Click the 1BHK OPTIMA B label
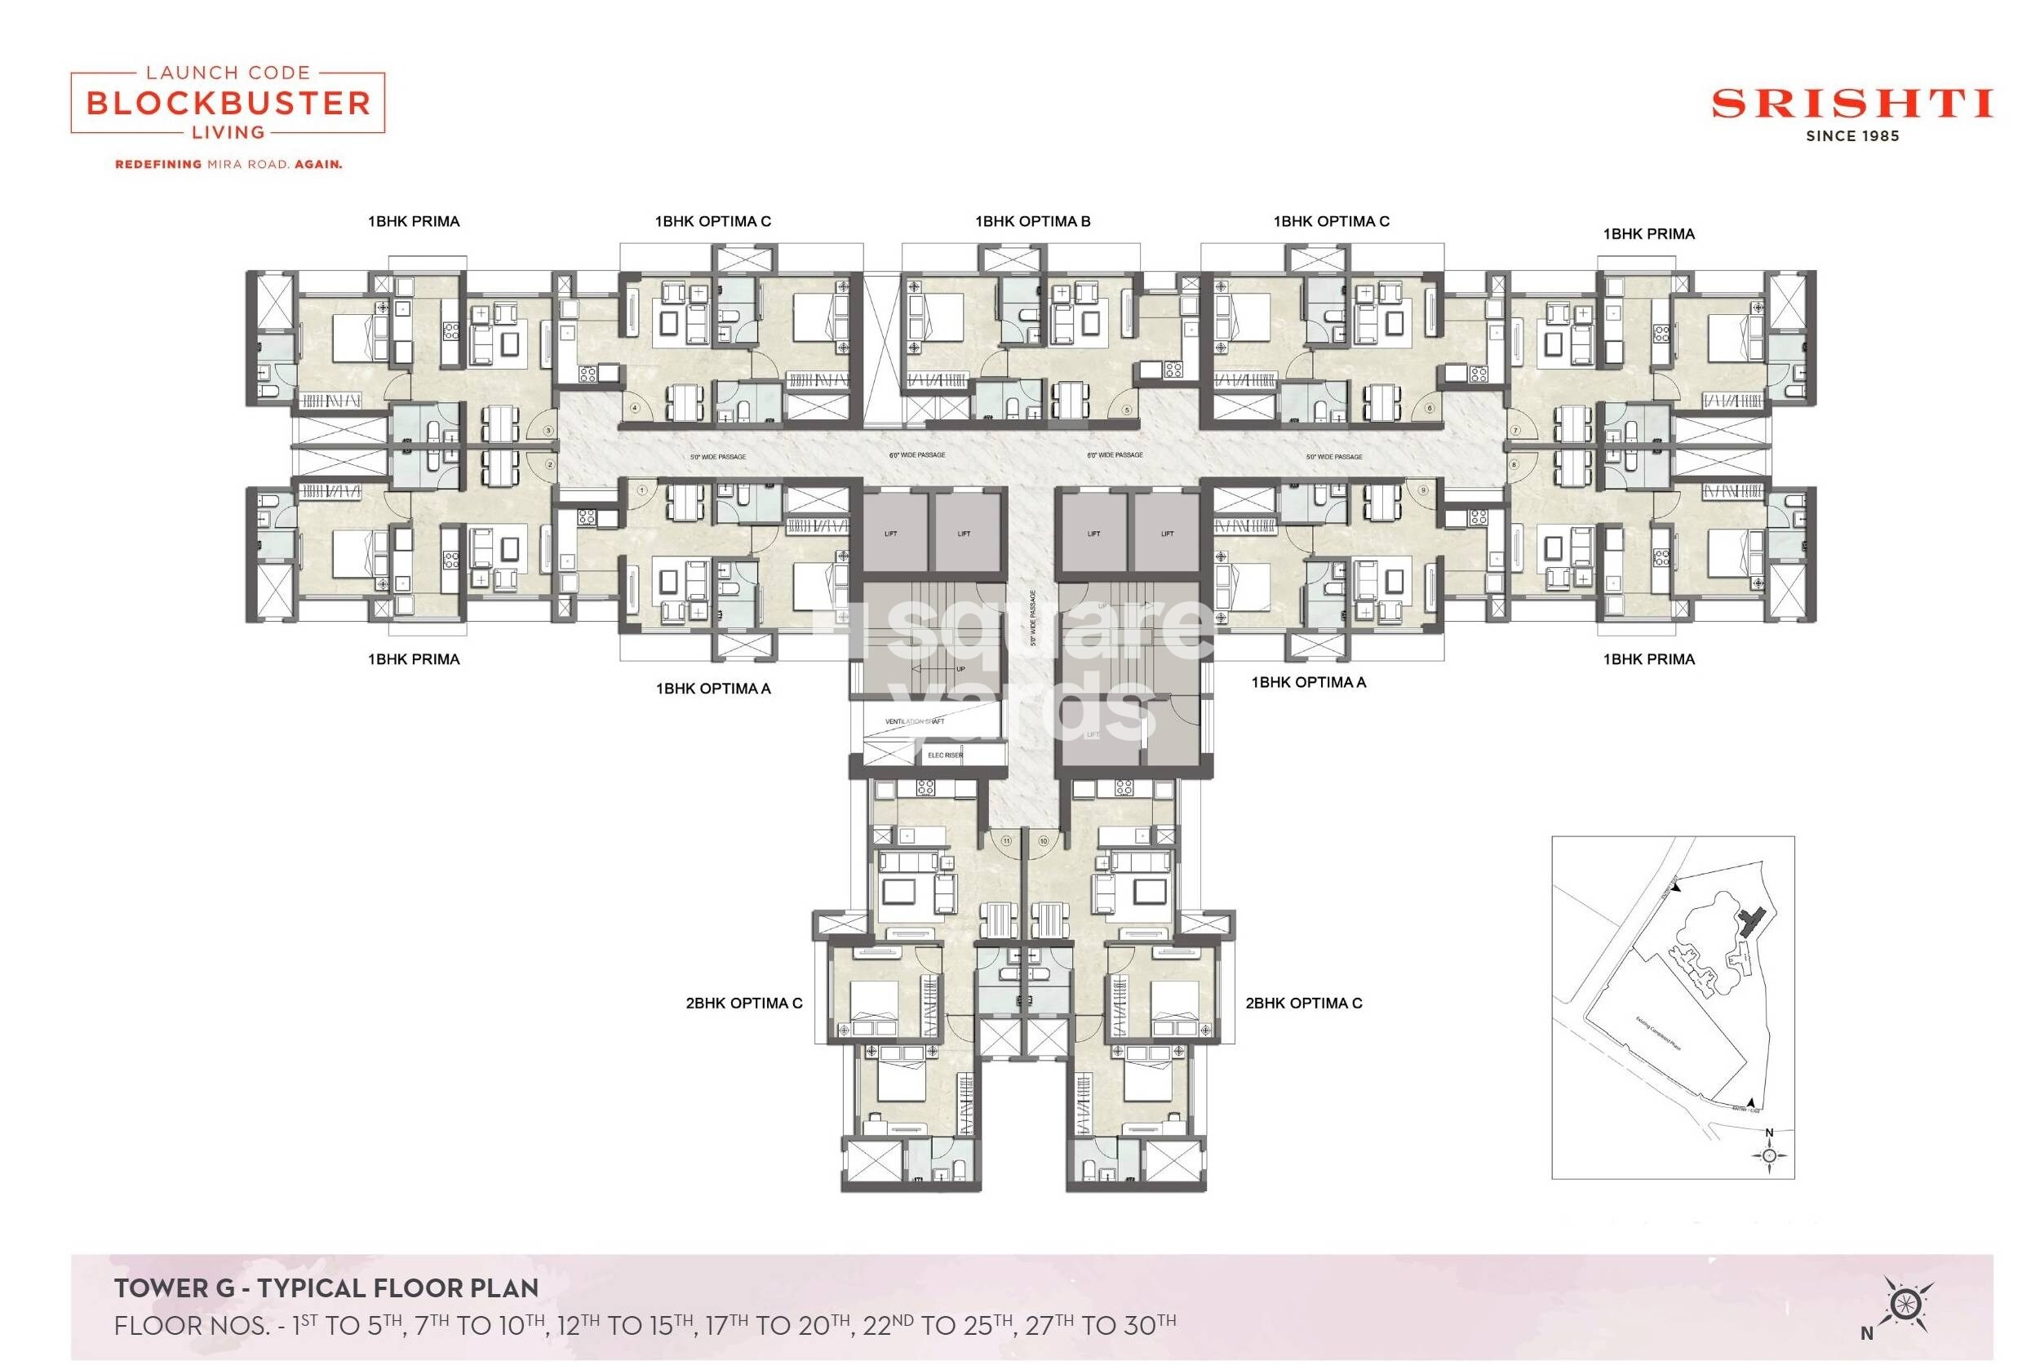1031,221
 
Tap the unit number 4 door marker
636,407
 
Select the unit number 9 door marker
1422,490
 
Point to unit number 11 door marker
1006,841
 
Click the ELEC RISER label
945,755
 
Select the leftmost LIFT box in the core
890,533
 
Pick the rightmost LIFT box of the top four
1167,533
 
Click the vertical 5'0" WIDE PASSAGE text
1033,618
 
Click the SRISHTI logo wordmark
1851,104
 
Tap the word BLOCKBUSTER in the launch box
228,104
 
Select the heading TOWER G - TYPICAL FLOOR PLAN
326,1287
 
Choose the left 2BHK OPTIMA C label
743,1003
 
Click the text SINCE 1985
1851,135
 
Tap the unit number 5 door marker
1127,410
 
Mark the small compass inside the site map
1768,1155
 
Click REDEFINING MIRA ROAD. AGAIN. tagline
228,164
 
